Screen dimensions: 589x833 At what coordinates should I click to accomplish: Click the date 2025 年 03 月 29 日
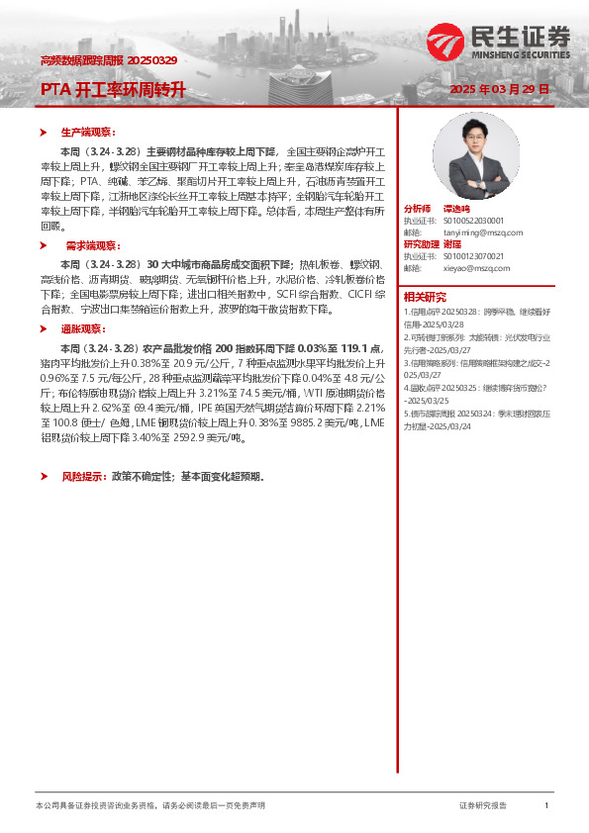[499, 89]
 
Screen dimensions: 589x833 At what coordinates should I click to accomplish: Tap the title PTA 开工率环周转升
[113, 90]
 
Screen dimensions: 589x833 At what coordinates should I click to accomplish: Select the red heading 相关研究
[424, 297]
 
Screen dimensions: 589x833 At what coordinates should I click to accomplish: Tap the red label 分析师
[417, 209]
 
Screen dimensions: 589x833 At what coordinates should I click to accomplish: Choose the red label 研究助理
[420, 244]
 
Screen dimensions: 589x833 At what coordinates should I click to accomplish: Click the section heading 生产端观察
[88, 132]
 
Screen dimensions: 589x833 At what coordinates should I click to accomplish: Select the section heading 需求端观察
[90, 244]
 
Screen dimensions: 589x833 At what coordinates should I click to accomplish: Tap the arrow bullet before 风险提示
[44, 476]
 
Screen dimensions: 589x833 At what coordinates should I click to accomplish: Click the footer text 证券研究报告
[483, 806]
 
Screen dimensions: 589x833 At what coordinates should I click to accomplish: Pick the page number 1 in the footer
[546, 806]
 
